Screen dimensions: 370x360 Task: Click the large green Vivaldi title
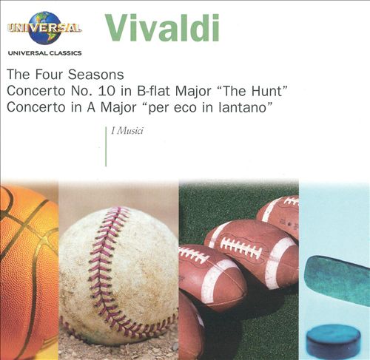[x=162, y=27]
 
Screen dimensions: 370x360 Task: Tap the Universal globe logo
[x=44, y=28]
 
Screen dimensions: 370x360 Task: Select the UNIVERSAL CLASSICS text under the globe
[x=44, y=53]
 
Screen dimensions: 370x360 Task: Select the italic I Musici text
[x=127, y=131]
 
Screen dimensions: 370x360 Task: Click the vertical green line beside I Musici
[x=106, y=147]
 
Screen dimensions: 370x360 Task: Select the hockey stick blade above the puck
[x=338, y=278]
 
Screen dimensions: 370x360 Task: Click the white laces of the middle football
[x=241, y=247]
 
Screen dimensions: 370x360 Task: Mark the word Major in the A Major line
[x=118, y=108]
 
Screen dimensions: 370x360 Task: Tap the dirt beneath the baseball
[x=118, y=349]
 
